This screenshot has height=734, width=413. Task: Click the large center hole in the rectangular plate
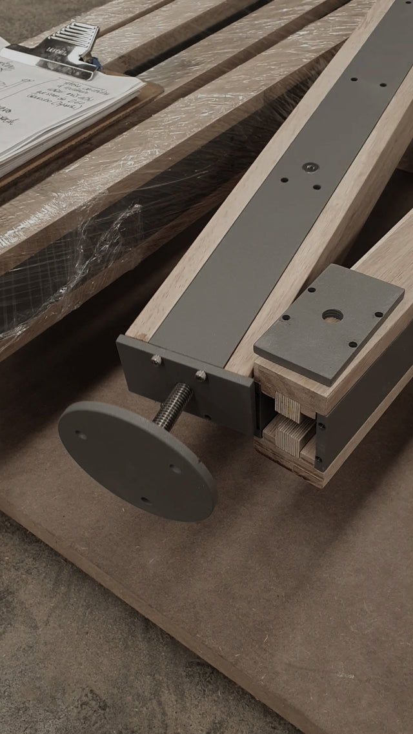pos(332,315)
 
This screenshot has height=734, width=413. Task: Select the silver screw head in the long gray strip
pos(310,167)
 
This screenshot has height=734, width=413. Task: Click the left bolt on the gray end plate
pos(156,360)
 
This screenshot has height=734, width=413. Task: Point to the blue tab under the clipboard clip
pos(96,63)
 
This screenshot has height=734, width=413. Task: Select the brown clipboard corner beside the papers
pos(152,94)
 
